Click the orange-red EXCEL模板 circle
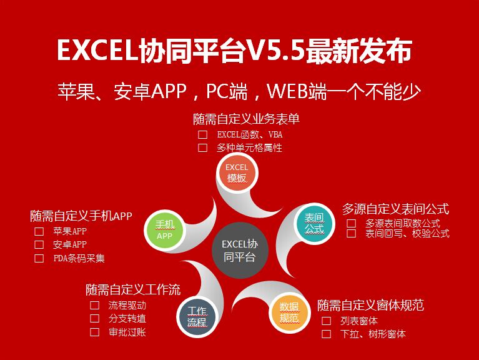click(x=237, y=173)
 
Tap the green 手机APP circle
click(x=165, y=230)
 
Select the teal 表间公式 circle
click(x=314, y=223)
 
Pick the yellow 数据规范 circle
click(x=289, y=312)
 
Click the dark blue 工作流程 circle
click(x=197, y=317)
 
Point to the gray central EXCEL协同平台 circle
click(x=240, y=250)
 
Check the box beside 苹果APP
click(x=39, y=231)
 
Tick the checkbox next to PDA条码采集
click(x=39, y=259)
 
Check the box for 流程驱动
click(x=94, y=305)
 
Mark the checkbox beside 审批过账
click(x=94, y=332)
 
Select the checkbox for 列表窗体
click(x=326, y=321)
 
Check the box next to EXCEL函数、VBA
click(x=202, y=134)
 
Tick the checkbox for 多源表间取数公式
click(x=351, y=223)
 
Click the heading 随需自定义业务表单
click(x=246, y=119)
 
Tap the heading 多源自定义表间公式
click(x=395, y=209)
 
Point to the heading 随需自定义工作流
click(x=133, y=290)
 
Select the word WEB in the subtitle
click(x=287, y=91)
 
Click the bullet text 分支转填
click(x=127, y=319)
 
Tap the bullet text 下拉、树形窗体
click(x=373, y=334)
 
